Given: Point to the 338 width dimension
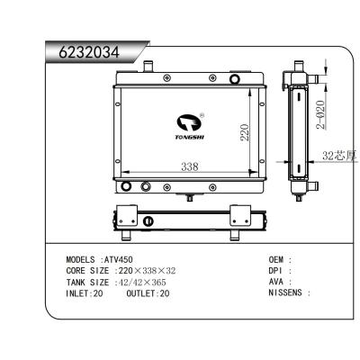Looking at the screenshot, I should pos(189,166).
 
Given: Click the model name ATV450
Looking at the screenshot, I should pos(117,258).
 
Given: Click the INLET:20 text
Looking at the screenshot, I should pos(85,293).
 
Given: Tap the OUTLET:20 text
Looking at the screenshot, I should pos(148,293).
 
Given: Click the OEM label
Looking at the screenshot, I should pos(276,258).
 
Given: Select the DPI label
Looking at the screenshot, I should pos(276,270).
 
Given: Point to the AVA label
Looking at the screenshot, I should pos(276,282).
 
